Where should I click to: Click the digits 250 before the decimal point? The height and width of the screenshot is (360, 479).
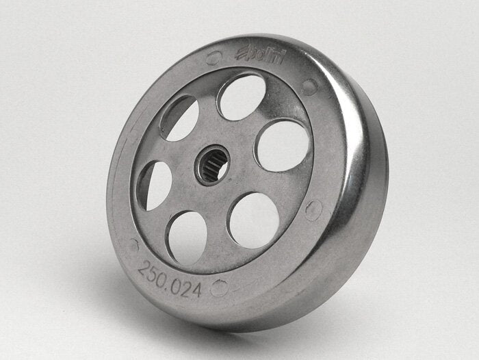[x=154, y=272]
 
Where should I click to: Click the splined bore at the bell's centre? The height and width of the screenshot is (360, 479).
[x=211, y=165]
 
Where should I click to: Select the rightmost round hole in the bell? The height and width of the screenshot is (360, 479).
[x=282, y=145]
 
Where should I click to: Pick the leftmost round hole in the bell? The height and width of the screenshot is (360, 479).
[x=155, y=185]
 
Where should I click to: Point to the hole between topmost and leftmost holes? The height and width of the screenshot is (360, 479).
[x=179, y=117]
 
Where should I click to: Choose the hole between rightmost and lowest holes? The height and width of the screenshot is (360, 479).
[x=254, y=219]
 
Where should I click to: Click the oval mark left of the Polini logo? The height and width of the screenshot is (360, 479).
[x=213, y=59]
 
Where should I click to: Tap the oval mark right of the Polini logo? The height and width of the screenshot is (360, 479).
[x=310, y=86]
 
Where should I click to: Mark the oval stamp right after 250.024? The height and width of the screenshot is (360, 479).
[x=219, y=288]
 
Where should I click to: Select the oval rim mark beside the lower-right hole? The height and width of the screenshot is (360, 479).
[x=313, y=209]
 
